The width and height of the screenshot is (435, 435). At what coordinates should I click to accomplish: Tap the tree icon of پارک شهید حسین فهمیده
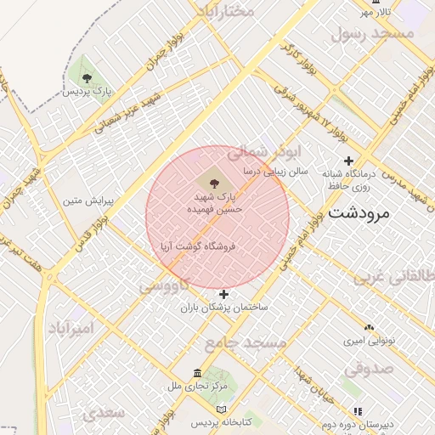(212, 183)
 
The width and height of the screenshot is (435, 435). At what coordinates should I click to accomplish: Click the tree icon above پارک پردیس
(86, 77)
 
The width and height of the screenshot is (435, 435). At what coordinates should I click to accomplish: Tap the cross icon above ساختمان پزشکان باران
(223, 294)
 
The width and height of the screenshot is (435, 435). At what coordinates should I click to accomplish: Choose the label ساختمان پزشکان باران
(223, 308)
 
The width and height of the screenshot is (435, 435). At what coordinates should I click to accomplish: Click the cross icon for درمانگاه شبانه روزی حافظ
(348, 161)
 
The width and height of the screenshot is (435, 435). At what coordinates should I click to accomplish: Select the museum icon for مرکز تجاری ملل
(198, 374)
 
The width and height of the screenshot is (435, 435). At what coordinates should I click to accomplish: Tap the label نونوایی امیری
(369, 341)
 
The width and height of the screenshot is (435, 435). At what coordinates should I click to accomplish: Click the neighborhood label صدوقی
(367, 370)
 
